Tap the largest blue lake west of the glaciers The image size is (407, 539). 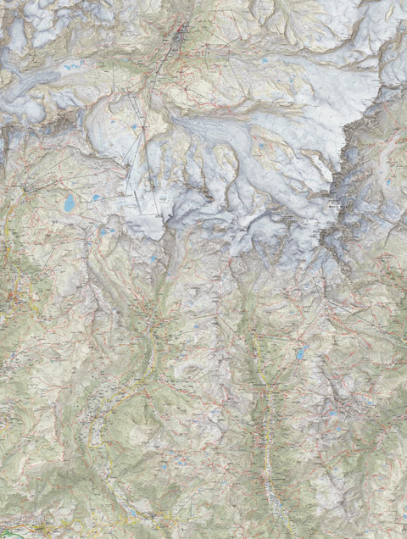68,203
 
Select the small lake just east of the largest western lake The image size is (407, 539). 97,197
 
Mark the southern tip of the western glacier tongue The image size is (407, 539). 157,237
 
